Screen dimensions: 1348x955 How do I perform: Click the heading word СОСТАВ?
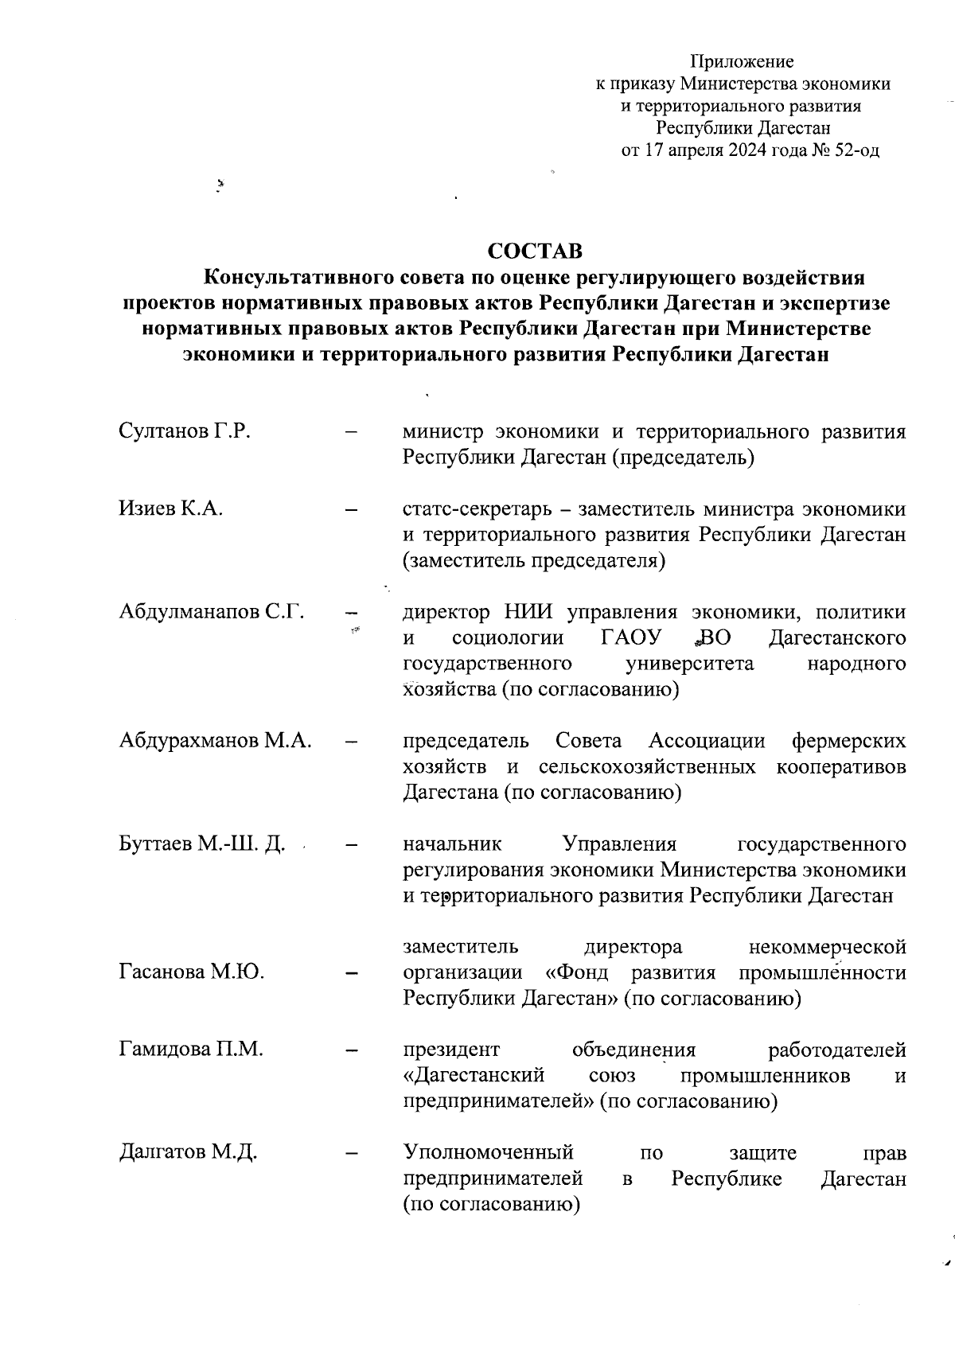point(535,251)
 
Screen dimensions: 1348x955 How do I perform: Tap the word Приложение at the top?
point(742,61)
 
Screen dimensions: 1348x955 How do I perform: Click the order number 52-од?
point(856,150)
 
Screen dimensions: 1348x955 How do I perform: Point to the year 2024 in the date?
point(743,150)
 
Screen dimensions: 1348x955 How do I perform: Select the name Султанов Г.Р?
point(185,431)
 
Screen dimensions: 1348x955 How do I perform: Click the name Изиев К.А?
point(170,508)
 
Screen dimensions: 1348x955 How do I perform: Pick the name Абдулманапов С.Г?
point(212,611)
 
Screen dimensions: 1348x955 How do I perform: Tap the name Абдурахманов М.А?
point(215,740)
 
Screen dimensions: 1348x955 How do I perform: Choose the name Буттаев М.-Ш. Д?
point(202,843)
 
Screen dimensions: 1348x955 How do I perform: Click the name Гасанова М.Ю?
point(192,972)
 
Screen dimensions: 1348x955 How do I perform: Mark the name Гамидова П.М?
point(191,1049)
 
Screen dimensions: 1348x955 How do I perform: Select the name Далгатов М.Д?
point(188,1151)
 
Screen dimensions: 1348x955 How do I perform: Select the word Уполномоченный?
point(489,1151)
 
